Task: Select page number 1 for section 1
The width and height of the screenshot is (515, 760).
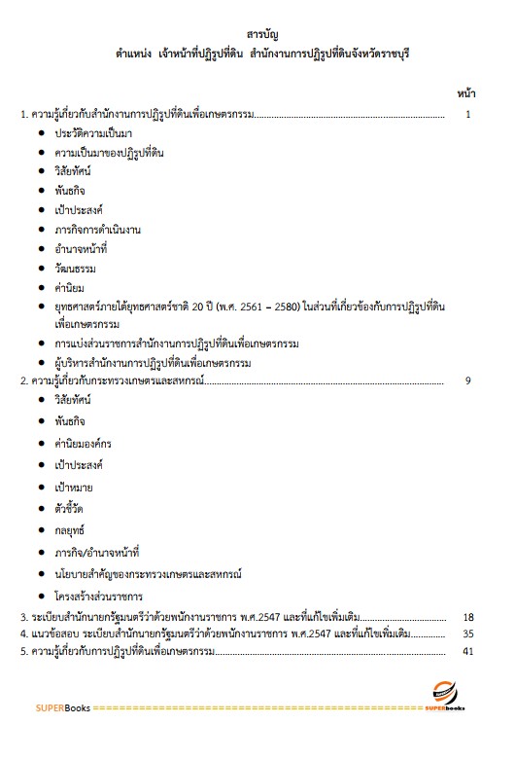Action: pos(468,115)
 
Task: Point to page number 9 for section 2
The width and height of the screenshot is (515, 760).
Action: pos(468,380)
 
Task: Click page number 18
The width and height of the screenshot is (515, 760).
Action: pos(468,617)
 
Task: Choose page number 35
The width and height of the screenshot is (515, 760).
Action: pos(468,633)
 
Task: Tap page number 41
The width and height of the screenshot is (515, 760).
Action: pos(468,651)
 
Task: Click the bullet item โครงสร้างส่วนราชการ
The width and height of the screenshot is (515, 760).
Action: pos(99,596)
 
